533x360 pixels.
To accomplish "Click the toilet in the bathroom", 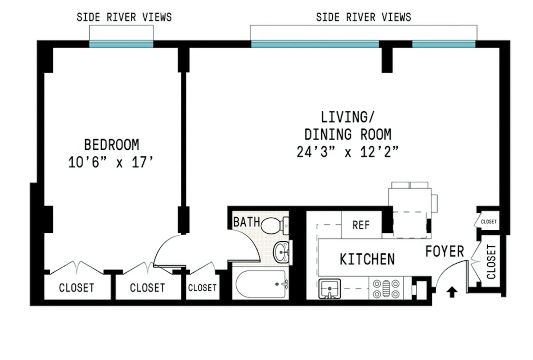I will [x=274, y=225].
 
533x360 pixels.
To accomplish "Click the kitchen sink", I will [x=329, y=288].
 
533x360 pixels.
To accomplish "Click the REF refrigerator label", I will [x=361, y=225].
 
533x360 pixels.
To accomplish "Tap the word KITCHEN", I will [x=367, y=259].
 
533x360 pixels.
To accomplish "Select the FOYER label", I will [x=444, y=252].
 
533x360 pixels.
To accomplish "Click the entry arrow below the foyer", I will [x=452, y=292].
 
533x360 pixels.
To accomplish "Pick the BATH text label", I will [x=247, y=222].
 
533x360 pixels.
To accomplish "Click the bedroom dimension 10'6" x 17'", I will [x=111, y=162].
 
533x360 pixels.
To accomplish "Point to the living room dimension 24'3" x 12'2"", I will [x=347, y=152].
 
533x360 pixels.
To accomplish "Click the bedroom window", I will [x=121, y=44].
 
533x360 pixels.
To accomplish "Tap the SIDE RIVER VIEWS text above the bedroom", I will [x=124, y=17].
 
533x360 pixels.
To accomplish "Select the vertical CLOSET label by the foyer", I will [x=491, y=262].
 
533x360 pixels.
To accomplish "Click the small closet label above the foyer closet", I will [x=489, y=221].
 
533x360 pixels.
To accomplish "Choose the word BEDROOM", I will [x=111, y=145].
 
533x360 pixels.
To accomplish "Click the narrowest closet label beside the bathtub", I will [x=202, y=288].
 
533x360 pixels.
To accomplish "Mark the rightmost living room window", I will [x=443, y=44].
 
